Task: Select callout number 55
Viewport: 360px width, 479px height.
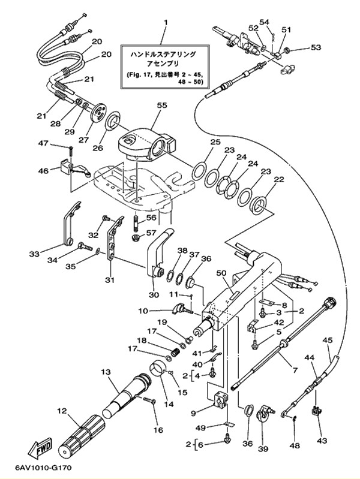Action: pyautogui.click(x=162, y=105)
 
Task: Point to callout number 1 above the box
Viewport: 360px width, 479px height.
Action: pyautogui.click(x=166, y=22)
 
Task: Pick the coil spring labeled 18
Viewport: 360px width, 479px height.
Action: pyautogui.click(x=175, y=353)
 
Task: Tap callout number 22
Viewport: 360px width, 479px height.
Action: pyautogui.click(x=278, y=180)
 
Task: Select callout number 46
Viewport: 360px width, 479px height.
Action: pyautogui.click(x=43, y=170)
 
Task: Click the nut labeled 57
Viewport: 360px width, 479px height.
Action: pyautogui.click(x=136, y=237)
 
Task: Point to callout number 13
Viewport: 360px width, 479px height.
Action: pyautogui.click(x=106, y=372)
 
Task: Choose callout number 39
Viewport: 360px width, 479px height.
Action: pyautogui.click(x=263, y=449)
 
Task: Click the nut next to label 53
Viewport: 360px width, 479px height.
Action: pyautogui.click(x=287, y=50)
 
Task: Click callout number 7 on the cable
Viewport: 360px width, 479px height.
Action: pyautogui.click(x=295, y=370)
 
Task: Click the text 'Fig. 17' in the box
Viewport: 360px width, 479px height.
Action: pyautogui.click(x=141, y=74)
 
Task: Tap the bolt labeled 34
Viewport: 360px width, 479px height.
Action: pyautogui.click(x=85, y=245)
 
